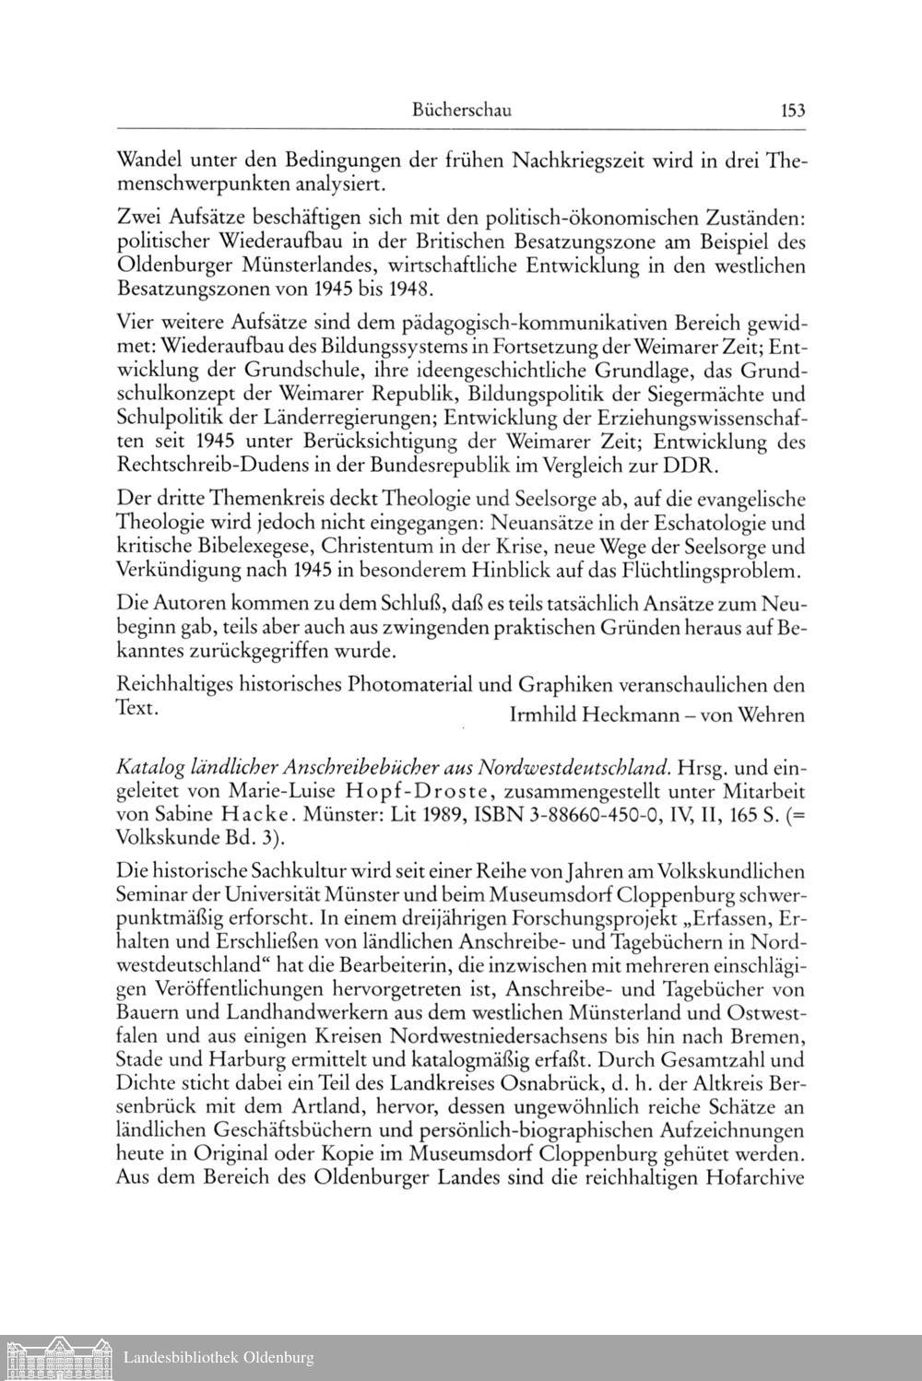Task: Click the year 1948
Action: pyautogui.click(x=410, y=289)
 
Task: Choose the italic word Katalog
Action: pyautogui.click(x=150, y=768)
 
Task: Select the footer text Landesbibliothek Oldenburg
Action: pyautogui.click(x=219, y=1357)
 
